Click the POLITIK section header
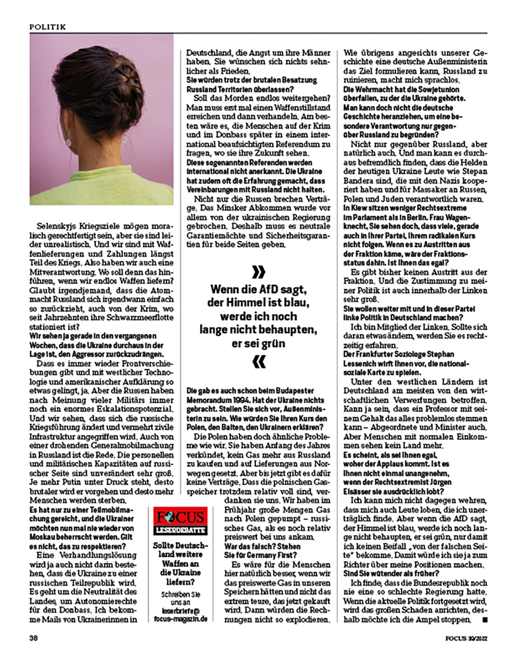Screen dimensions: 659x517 [x=48, y=26]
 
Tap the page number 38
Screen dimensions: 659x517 [x=34, y=637]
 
